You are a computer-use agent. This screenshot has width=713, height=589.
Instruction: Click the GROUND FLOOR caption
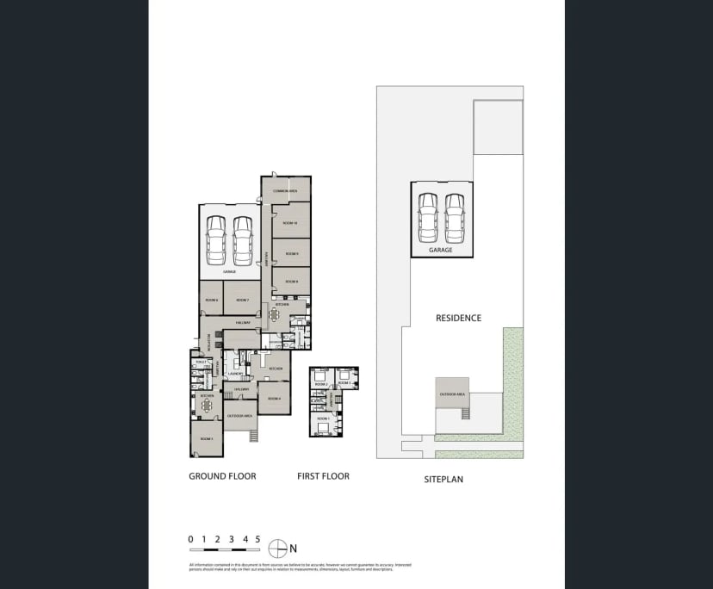[x=222, y=476]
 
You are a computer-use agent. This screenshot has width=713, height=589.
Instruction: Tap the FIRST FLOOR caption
[x=323, y=476]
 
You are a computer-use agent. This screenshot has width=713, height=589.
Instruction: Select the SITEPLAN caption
[x=443, y=479]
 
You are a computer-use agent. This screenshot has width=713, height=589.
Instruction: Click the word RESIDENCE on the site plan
[x=458, y=318]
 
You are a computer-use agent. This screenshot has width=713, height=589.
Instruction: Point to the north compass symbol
[x=277, y=548]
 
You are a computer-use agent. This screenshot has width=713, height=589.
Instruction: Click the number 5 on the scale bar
[x=257, y=539]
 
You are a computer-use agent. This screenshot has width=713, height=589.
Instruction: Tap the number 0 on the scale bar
[x=190, y=539]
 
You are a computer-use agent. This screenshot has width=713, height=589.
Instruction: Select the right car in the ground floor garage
[x=243, y=240]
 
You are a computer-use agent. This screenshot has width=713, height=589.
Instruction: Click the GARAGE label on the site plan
[x=441, y=250]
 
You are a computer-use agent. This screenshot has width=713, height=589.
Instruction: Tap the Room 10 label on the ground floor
[x=290, y=223]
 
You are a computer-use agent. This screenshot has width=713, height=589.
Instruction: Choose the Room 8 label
[x=291, y=282]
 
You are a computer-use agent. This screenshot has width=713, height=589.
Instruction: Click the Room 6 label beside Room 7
[x=211, y=300]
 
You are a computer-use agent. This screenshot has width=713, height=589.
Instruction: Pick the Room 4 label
[x=274, y=399]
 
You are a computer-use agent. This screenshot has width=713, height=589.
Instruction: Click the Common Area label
[x=285, y=190]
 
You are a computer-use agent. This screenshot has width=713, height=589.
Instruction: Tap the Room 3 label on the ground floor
[x=206, y=439]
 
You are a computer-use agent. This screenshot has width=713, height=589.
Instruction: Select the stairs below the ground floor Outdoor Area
[x=253, y=436]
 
